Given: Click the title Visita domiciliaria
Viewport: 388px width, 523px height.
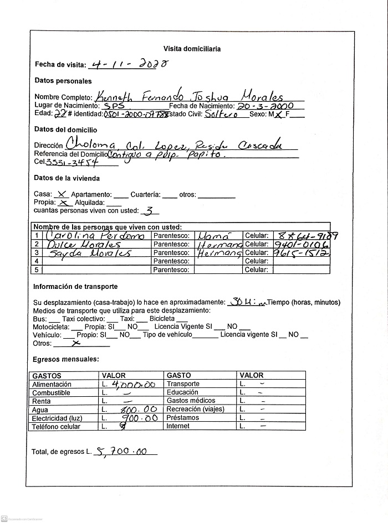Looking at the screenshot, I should [x=192, y=49].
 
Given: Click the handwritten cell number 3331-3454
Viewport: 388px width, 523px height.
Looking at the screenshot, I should [x=72, y=162].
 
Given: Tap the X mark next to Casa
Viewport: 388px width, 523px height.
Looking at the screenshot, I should [x=62, y=194].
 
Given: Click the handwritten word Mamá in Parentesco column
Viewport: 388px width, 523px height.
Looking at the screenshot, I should [x=214, y=235].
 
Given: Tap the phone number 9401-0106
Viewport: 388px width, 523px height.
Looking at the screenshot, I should [x=301, y=244].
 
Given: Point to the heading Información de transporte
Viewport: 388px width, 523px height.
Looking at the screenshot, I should [x=75, y=287].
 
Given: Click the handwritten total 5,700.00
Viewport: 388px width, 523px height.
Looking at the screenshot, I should [x=121, y=451].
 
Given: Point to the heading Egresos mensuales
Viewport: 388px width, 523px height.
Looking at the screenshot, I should [x=66, y=359].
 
